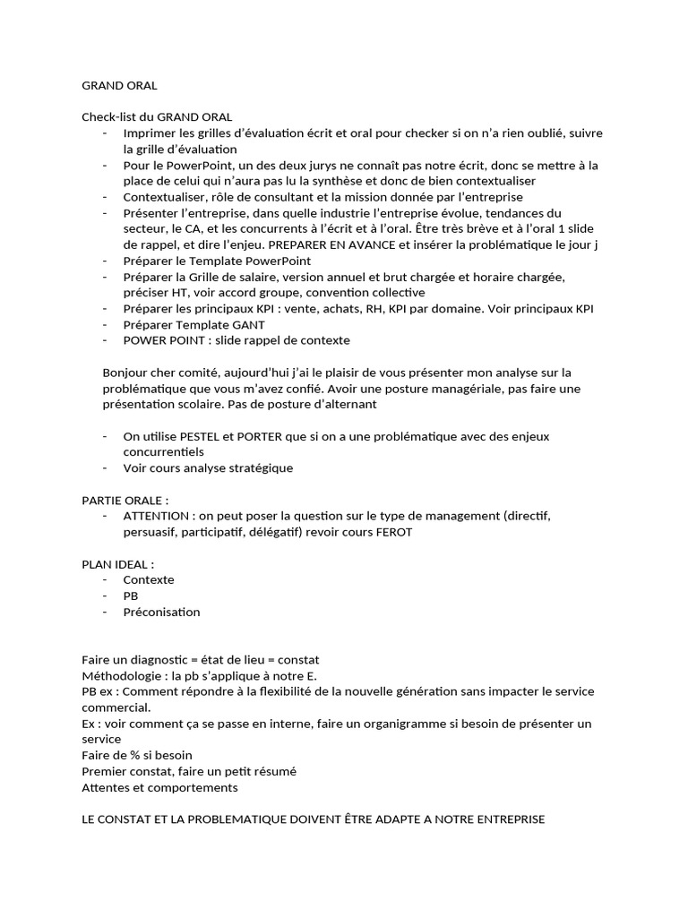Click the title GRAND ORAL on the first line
coord(119,86)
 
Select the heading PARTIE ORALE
coord(124,500)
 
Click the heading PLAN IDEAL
coord(117,564)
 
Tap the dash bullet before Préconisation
coord(106,613)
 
